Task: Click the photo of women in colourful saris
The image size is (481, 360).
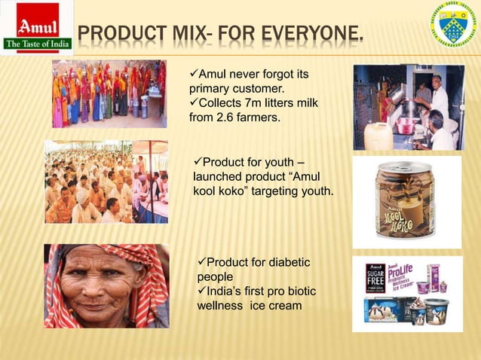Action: pyautogui.click(x=109, y=94)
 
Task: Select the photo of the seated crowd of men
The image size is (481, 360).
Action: pyautogui.click(x=106, y=182)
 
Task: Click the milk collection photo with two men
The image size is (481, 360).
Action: pyautogui.click(x=409, y=107)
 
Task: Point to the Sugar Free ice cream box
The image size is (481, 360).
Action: pyautogui.click(x=375, y=277)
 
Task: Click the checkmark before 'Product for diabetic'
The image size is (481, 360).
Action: pyautogui.click(x=201, y=262)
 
